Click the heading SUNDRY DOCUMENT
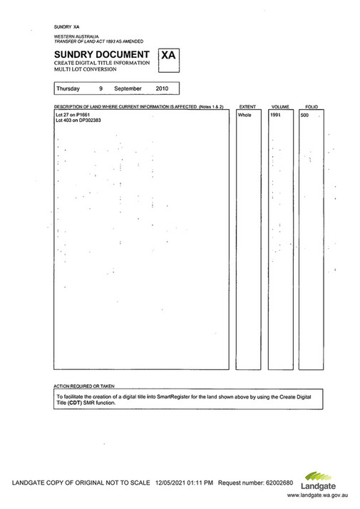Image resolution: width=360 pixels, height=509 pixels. tap(101, 54)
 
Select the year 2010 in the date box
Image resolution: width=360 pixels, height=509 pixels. tap(162, 89)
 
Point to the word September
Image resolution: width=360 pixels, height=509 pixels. tap(128, 89)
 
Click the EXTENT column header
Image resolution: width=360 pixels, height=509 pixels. tap(247, 106)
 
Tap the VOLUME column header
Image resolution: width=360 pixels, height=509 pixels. tap(279, 106)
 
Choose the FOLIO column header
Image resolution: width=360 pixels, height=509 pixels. tap(312, 106)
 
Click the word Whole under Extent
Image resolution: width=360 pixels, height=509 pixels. tap(245, 114)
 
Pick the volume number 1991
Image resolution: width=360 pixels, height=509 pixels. tap(277, 114)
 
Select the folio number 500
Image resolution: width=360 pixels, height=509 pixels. tap(305, 114)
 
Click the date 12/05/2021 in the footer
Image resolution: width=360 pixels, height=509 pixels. tap(173, 483)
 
